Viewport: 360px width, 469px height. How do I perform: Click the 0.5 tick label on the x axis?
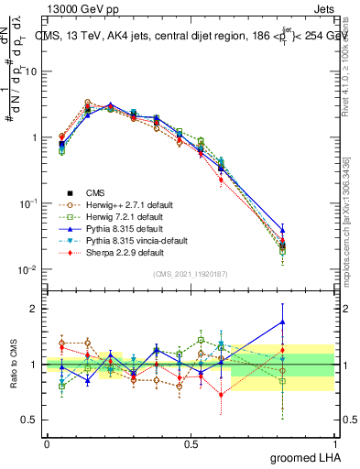click(x=191, y=443)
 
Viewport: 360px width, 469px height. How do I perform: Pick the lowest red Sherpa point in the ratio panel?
click(x=221, y=395)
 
